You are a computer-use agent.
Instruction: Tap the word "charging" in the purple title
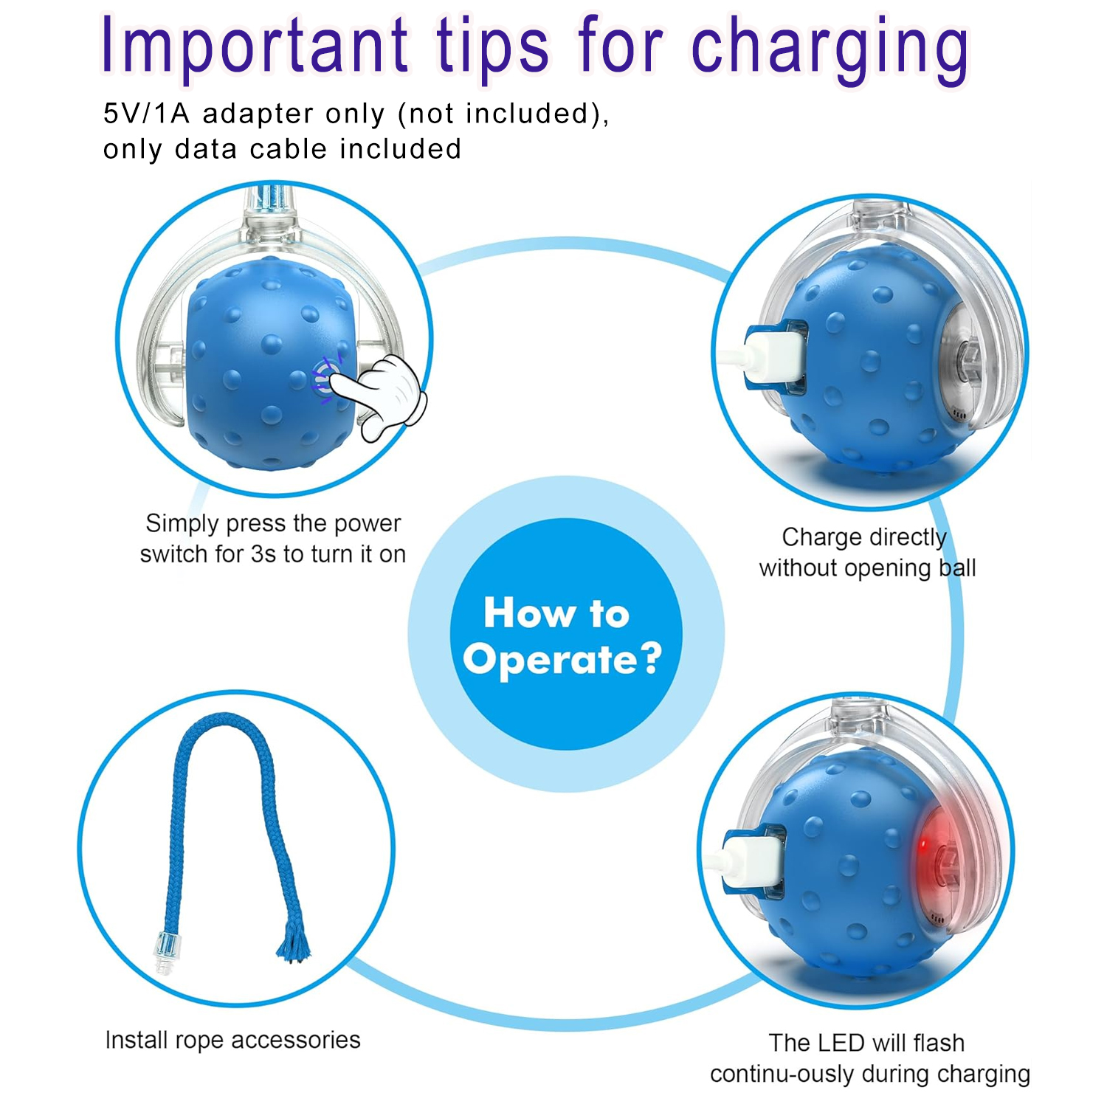click(x=830, y=50)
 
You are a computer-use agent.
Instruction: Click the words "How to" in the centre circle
click(x=556, y=613)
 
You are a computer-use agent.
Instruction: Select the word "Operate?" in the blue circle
click(x=562, y=659)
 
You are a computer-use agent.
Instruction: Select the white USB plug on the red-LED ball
click(x=753, y=860)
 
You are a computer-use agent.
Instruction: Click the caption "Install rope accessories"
click(x=232, y=1040)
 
